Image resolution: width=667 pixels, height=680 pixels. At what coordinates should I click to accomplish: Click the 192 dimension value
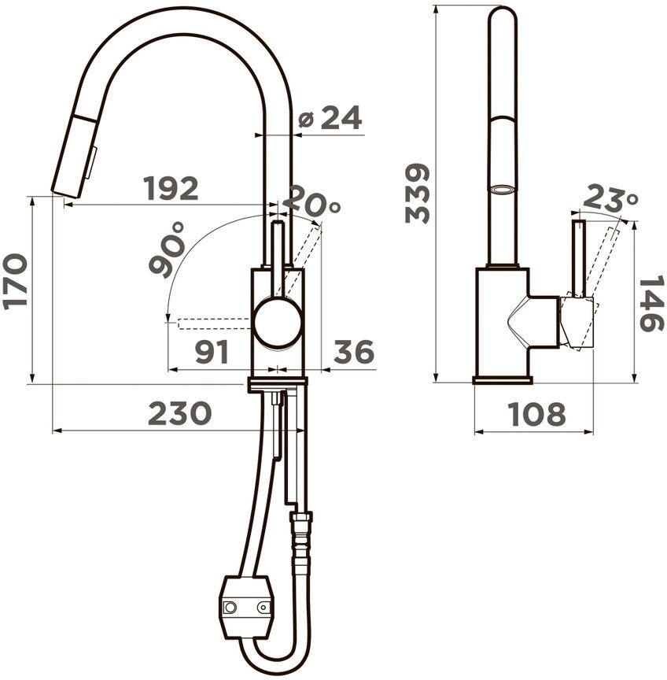[171, 188]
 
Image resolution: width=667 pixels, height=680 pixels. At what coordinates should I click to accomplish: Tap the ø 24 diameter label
[330, 117]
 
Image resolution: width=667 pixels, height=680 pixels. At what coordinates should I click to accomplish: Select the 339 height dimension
[417, 193]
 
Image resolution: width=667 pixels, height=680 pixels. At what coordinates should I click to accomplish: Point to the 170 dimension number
[15, 282]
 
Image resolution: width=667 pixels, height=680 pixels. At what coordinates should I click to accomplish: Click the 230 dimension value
[180, 413]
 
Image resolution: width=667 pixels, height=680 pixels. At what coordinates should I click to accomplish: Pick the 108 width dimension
[537, 414]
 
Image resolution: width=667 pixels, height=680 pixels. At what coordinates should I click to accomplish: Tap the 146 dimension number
[651, 303]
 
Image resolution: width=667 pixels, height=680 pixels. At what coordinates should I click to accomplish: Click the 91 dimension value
[212, 352]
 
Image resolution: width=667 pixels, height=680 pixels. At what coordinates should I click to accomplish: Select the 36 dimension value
[354, 352]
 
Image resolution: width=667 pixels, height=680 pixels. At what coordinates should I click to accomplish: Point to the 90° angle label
[167, 250]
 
